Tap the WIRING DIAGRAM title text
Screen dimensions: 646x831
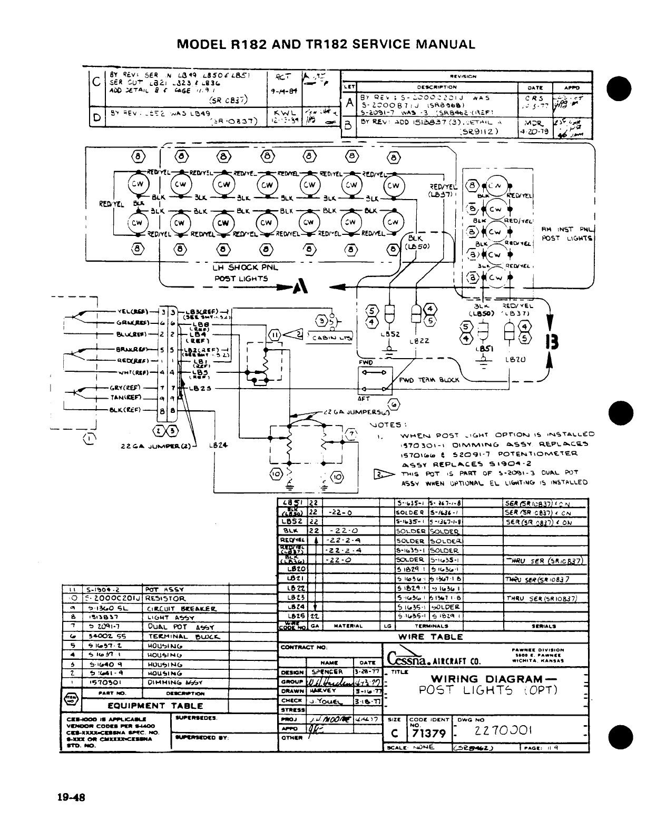(486, 679)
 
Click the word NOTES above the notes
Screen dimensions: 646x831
(389, 424)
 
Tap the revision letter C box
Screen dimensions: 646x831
(96, 82)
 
